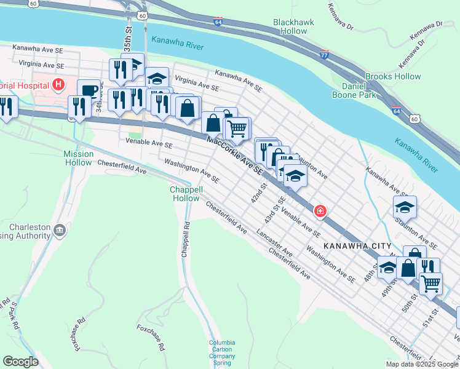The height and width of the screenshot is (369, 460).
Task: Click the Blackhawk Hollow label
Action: [293, 26]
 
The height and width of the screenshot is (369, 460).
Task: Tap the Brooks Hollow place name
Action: [393, 77]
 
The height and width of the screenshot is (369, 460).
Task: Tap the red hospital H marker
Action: [58, 84]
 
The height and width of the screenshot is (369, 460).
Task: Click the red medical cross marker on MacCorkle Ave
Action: [320, 212]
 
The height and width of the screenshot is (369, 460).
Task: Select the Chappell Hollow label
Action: [185, 194]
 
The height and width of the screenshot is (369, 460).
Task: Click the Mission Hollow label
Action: [79, 158]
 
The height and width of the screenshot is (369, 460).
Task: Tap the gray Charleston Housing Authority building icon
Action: [59, 231]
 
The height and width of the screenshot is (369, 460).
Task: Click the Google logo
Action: [20, 362]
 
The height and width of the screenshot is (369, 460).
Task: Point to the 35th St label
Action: [128, 37]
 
